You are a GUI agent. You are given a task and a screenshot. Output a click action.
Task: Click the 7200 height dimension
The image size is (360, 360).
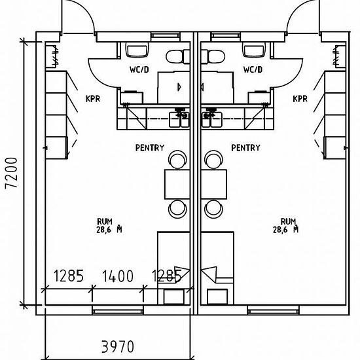[12, 173]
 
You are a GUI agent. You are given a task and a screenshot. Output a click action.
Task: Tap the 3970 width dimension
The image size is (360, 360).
[118, 347]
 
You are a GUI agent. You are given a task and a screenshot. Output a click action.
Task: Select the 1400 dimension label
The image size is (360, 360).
[118, 276]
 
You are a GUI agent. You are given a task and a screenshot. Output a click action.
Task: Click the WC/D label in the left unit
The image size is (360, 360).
[139, 69]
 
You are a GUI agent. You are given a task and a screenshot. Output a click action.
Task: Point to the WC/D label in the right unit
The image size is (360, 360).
[253, 69]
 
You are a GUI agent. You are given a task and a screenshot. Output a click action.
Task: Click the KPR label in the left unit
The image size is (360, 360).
[93, 99]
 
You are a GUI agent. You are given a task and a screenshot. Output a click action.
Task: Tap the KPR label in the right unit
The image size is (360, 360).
[300, 99]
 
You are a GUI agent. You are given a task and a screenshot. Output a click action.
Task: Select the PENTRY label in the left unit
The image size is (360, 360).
[150, 148]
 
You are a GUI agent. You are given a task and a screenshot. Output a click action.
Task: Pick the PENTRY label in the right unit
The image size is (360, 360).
[245, 148]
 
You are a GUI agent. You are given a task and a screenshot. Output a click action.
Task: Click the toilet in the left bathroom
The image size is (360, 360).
[177, 57]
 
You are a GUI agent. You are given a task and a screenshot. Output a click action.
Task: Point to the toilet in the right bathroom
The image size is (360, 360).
[213, 57]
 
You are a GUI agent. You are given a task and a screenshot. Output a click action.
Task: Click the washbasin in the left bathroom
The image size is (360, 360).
[137, 50]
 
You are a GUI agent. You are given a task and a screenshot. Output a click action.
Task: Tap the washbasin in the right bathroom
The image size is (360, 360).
[254, 50]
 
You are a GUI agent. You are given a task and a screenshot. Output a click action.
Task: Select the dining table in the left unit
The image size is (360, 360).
[177, 184]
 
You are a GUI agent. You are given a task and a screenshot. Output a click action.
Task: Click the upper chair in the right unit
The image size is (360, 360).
[213, 160]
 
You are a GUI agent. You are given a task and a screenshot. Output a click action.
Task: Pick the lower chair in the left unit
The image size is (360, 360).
[177, 209]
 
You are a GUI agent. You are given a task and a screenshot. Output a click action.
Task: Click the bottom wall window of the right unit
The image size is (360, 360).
[273, 310]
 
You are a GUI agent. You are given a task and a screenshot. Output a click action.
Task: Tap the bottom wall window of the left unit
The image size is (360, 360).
[118, 310]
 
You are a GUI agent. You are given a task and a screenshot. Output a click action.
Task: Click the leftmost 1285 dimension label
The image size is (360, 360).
[69, 276]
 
